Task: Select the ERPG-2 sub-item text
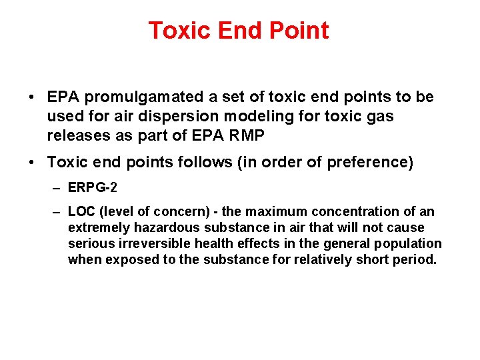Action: [92, 188]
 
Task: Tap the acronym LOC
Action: [82, 212]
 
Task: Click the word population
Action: [411, 244]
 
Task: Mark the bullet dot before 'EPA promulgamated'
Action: [32, 97]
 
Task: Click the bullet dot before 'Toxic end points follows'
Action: [32, 163]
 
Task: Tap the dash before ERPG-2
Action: [58, 188]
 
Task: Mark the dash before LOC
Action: [58, 212]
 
